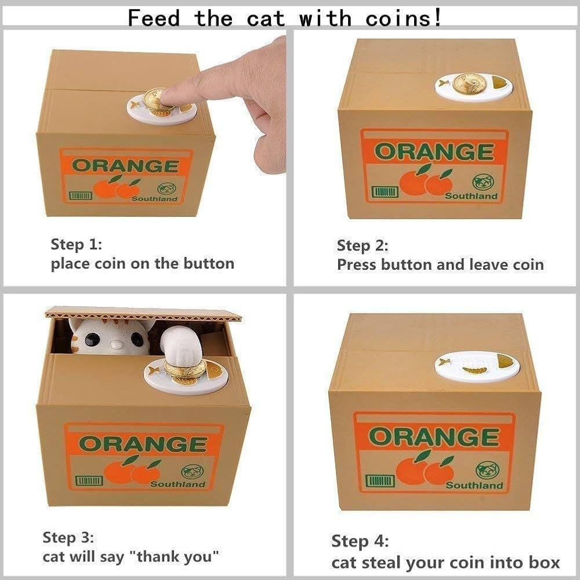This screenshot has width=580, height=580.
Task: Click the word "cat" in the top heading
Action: click(x=266, y=18)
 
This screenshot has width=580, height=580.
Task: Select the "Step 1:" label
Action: click(x=76, y=245)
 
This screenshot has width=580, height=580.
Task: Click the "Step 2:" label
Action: click(x=362, y=245)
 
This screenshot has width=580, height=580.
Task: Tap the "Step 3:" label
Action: click(x=68, y=537)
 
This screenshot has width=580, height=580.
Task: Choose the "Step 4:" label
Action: click(x=360, y=541)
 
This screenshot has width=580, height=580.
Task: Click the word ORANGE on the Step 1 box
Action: click(x=126, y=166)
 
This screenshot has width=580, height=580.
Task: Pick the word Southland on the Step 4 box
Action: click(x=474, y=485)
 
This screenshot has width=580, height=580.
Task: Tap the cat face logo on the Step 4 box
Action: click(x=488, y=470)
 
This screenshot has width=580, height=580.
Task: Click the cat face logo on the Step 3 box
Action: click(x=192, y=472)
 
